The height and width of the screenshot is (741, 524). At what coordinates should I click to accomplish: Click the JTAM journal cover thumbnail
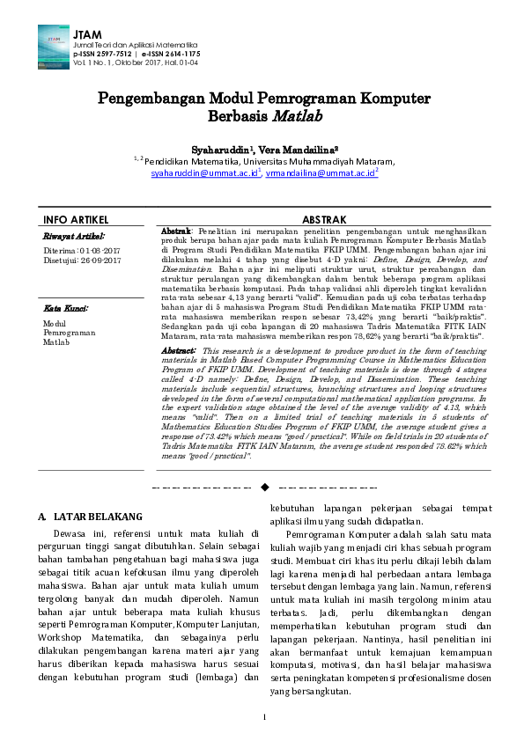coord(55,46)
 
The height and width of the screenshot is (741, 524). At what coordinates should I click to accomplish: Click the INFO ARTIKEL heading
coord(76,219)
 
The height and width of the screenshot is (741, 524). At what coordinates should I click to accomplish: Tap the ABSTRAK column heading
coord(324,219)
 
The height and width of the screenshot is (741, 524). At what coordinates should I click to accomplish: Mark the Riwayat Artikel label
coord(74,236)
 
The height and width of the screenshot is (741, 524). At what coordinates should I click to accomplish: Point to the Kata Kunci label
coord(65,309)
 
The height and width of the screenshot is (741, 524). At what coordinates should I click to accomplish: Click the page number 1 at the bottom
coord(263,717)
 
